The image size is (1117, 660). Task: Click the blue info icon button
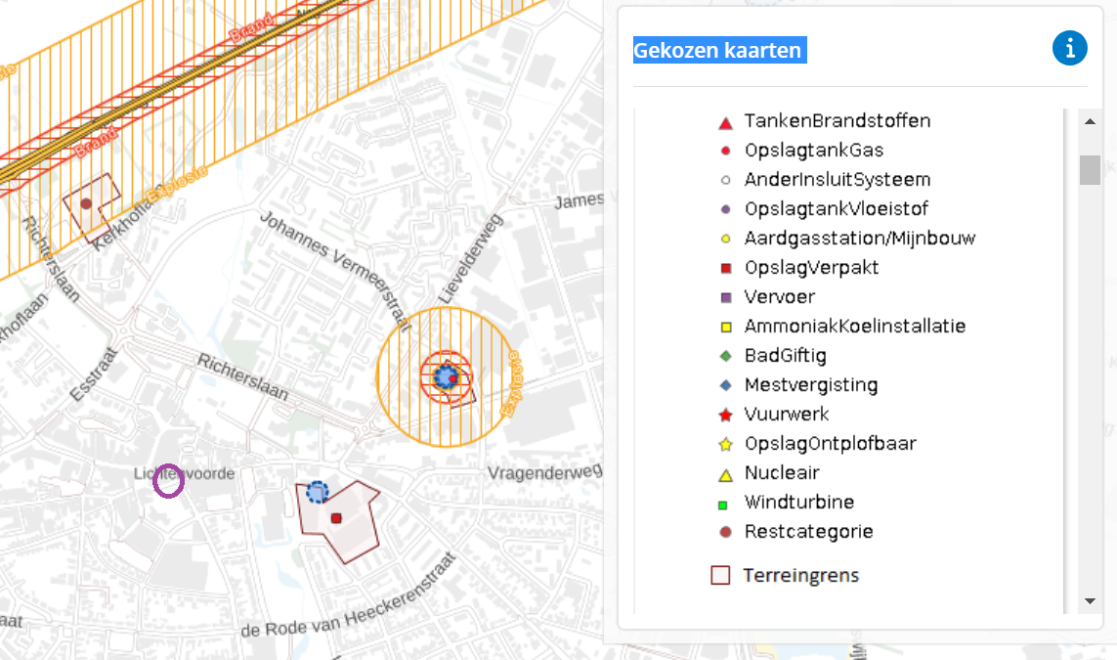pyautogui.click(x=1070, y=49)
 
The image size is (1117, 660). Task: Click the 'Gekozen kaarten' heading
pyautogui.click(x=719, y=50)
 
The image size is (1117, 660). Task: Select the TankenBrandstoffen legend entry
pyautogui.click(x=837, y=121)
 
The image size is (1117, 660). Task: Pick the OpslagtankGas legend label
pyautogui.click(x=813, y=151)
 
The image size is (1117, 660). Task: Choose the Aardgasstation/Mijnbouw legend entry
pyautogui.click(x=859, y=239)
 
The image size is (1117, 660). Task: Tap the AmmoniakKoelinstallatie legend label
pyautogui.click(x=854, y=327)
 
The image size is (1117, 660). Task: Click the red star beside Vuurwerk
pyautogui.click(x=725, y=416)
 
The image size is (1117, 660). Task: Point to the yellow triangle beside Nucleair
pyautogui.click(x=725, y=474)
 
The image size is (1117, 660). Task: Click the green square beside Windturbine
pyautogui.click(x=723, y=506)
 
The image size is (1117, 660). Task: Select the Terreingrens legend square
pyautogui.click(x=720, y=575)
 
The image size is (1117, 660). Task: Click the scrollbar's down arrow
pyautogui.click(x=1090, y=600)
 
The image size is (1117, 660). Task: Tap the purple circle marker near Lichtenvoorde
pyautogui.click(x=169, y=481)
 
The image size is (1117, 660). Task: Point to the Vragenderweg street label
pyautogui.click(x=543, y=473)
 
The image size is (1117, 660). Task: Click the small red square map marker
pyautogui.click(x=335, y=518)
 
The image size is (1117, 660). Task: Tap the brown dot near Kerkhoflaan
pyautogui.click(x=86, y=204)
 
